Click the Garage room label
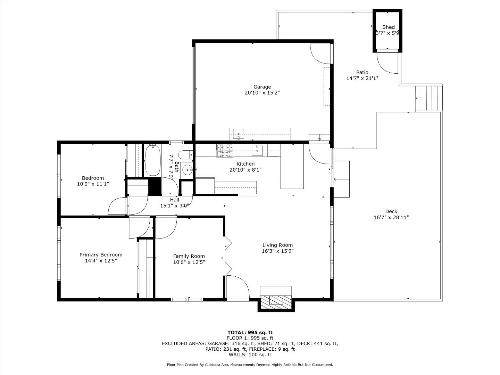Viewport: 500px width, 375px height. [x=262, y=87]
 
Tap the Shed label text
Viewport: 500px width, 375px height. [x=388, y=27]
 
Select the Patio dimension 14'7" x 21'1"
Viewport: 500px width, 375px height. [x=362, y=78]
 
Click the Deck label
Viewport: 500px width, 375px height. [x=391, y=211]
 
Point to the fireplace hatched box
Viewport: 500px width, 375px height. [x=276, y=301]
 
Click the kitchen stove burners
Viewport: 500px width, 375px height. [x=225, y=150]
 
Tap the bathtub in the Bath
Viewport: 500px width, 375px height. [x=152, y=160]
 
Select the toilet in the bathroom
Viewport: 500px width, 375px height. [x=185, y=154]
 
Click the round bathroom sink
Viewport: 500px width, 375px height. [x=188, y=170]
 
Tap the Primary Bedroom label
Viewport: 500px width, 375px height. [x=101, y=255]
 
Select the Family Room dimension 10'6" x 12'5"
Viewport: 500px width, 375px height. [x=189, y=262]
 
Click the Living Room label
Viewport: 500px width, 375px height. [x=277, y=245]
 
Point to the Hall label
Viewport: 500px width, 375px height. [x=175, y=200]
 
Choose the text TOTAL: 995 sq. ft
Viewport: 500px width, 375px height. [x=250, y=332]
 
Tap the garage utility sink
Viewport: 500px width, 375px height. [x=239, y=133]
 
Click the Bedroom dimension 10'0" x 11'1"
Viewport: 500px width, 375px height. [x=93, y=184]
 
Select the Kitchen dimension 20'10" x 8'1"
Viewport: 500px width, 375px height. [x=245, y=170]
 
